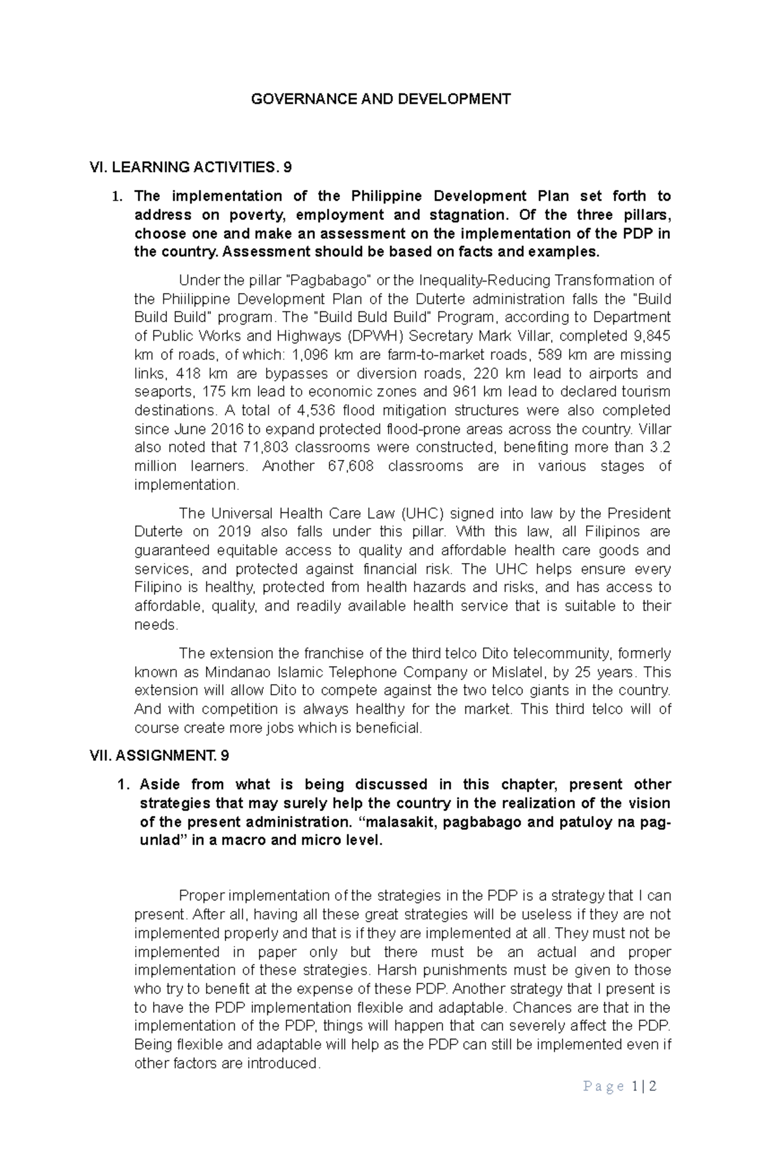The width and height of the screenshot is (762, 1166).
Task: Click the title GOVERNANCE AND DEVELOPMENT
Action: [x=381, y=99]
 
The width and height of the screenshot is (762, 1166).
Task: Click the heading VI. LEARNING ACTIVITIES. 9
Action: [x=191, y=167]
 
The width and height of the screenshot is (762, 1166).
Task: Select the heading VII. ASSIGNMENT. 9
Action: [x=160, y=756]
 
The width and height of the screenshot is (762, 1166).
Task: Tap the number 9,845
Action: [x=650, y=336]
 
